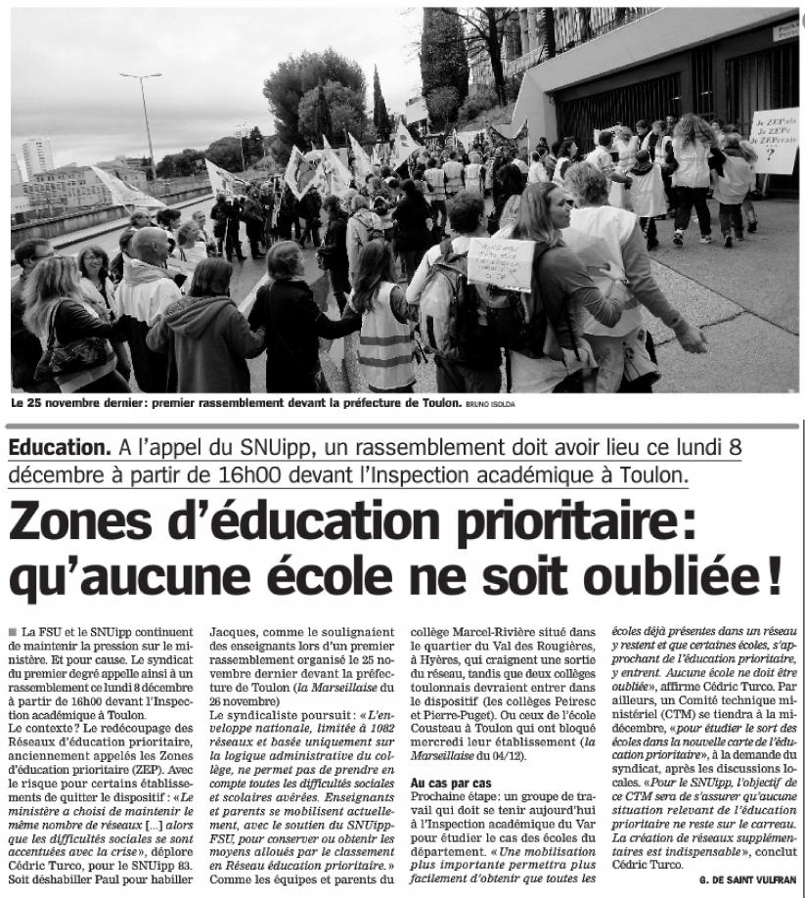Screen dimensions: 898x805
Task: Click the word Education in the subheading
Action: (x=59, y=448)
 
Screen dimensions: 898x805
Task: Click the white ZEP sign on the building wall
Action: (x=774, y=140)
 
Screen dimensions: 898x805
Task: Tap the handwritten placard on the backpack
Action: (x=501, y=263)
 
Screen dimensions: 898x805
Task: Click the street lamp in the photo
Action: (x=144, y=117)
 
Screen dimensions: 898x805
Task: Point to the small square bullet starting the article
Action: (x=11, y=633)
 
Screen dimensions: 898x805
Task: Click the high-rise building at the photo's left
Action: (x=37, y=157)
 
